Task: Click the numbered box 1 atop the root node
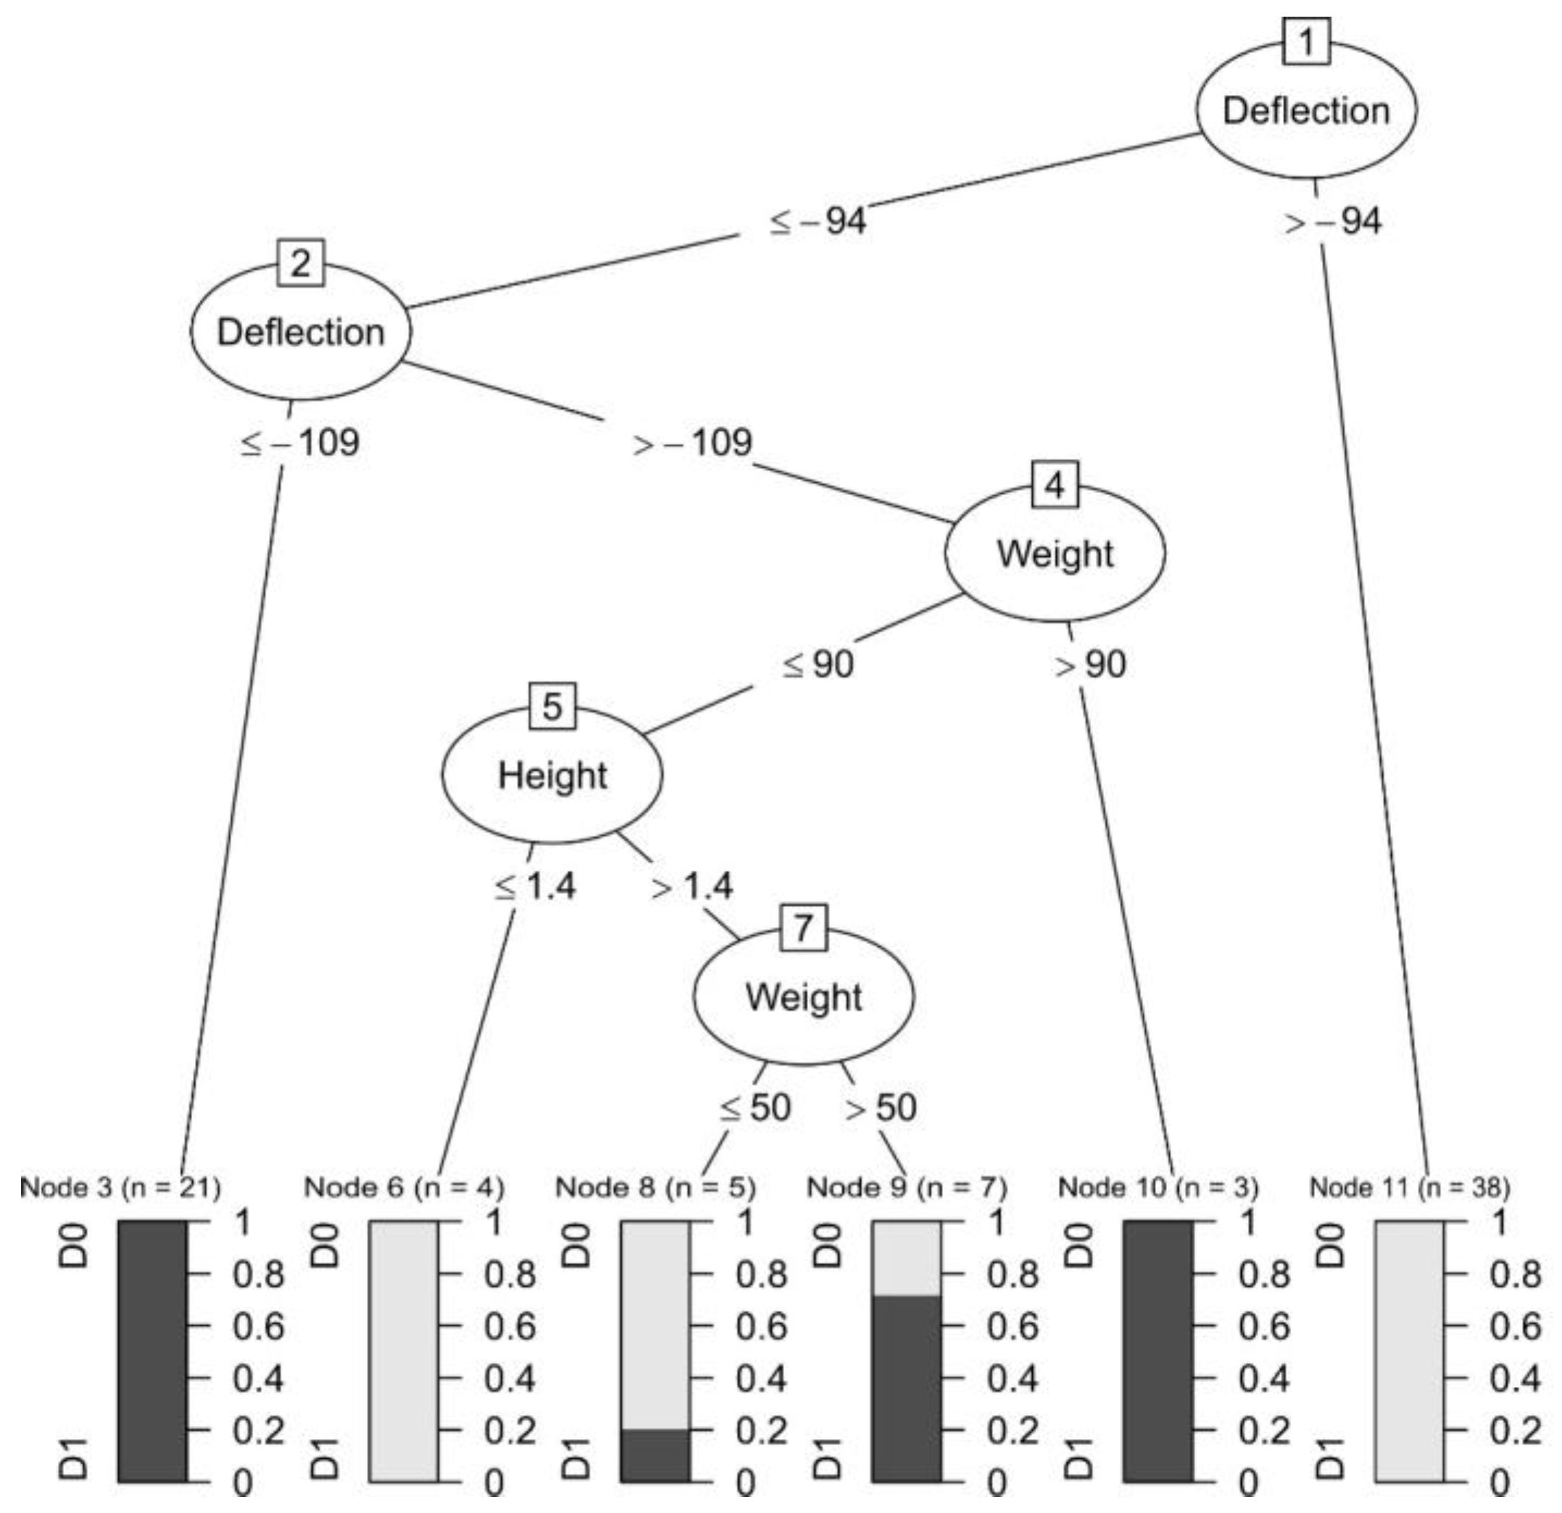1306,41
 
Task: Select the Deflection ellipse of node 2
301,331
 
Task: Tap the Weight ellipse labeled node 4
1055,553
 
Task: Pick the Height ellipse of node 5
552,775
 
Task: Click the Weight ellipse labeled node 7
803,996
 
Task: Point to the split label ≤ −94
818,221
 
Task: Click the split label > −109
692,442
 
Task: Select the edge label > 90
1091,664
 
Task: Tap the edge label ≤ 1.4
535,886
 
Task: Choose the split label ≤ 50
755,1107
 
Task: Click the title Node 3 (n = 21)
120,1187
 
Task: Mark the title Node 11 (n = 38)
1410,1187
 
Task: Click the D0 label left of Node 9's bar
828,1246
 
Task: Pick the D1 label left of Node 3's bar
75,1458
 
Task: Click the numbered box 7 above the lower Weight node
803,927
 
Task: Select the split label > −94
1334,221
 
